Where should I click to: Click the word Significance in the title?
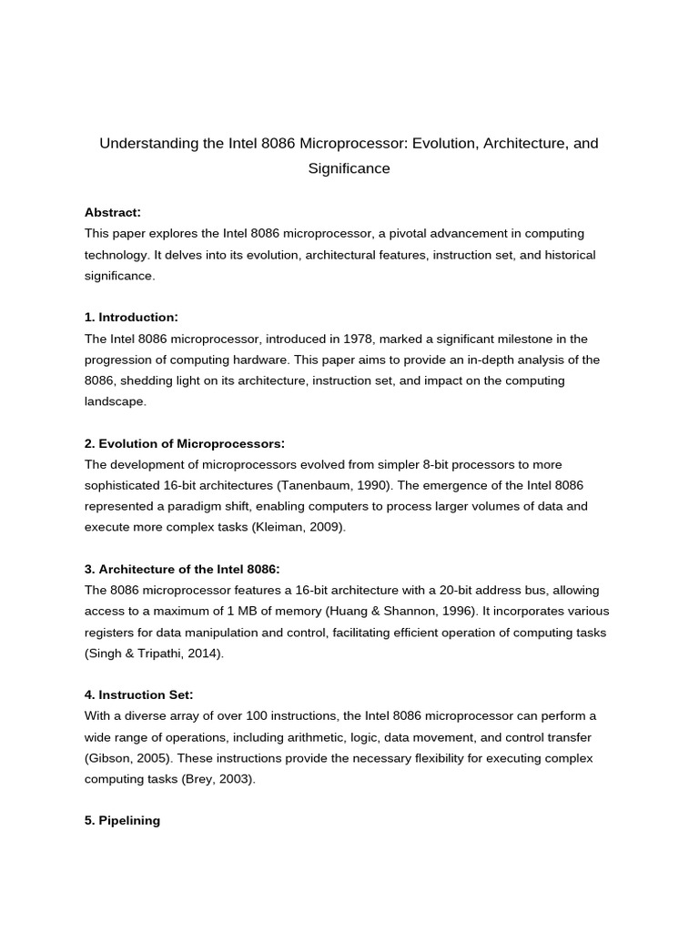click(349, 168)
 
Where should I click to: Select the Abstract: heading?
click(112, 212)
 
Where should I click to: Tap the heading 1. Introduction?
click(131, 317)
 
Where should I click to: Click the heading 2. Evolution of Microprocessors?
click(185, 443)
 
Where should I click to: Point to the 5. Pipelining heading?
click(122, 820)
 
